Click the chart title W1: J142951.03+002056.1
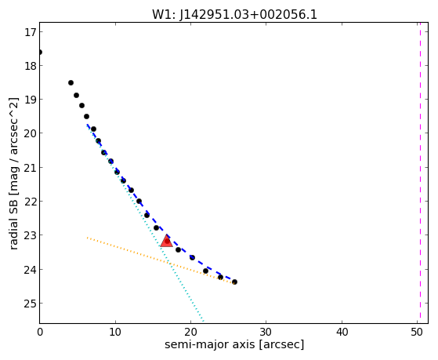point(234,14)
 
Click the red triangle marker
point(166,241)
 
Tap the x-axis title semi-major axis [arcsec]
point(234,344)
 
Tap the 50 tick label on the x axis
point(417,333)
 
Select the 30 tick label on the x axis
point(266,333)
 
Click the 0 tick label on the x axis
point(40,333)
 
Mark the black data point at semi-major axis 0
point(40,53)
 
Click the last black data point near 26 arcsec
point(234,282)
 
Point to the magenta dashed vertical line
point(420,173)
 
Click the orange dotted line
point(161,260)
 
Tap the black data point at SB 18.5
point(71,83)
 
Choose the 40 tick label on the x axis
point(342,333)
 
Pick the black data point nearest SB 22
point(139,201)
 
